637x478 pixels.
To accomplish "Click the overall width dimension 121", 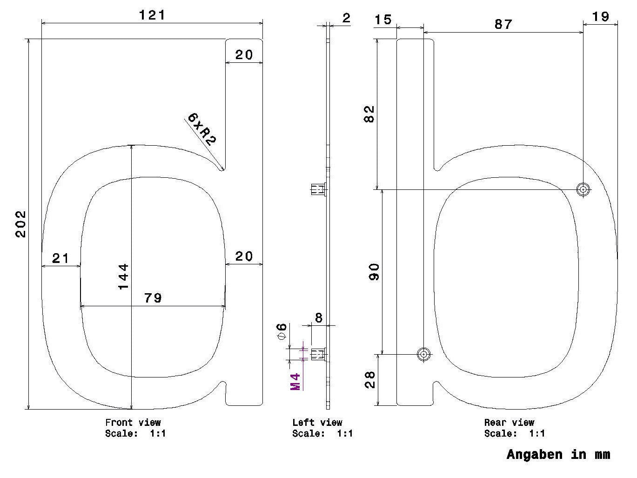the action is coord(152,15).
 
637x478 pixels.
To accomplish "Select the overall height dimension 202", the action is coord(20,224).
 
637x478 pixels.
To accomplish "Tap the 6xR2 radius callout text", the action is coord(201,129).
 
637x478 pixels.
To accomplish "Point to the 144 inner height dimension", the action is coord(123,276).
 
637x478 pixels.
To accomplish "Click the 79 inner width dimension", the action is coord(153,298).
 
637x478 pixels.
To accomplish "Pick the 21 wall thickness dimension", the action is coord(60,258).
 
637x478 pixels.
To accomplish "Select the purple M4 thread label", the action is coord(295,382).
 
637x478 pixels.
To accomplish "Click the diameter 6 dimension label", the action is coord(282,331).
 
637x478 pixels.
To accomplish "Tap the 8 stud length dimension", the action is coord(319,318).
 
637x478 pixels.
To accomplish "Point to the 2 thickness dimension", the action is coord(347,18).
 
